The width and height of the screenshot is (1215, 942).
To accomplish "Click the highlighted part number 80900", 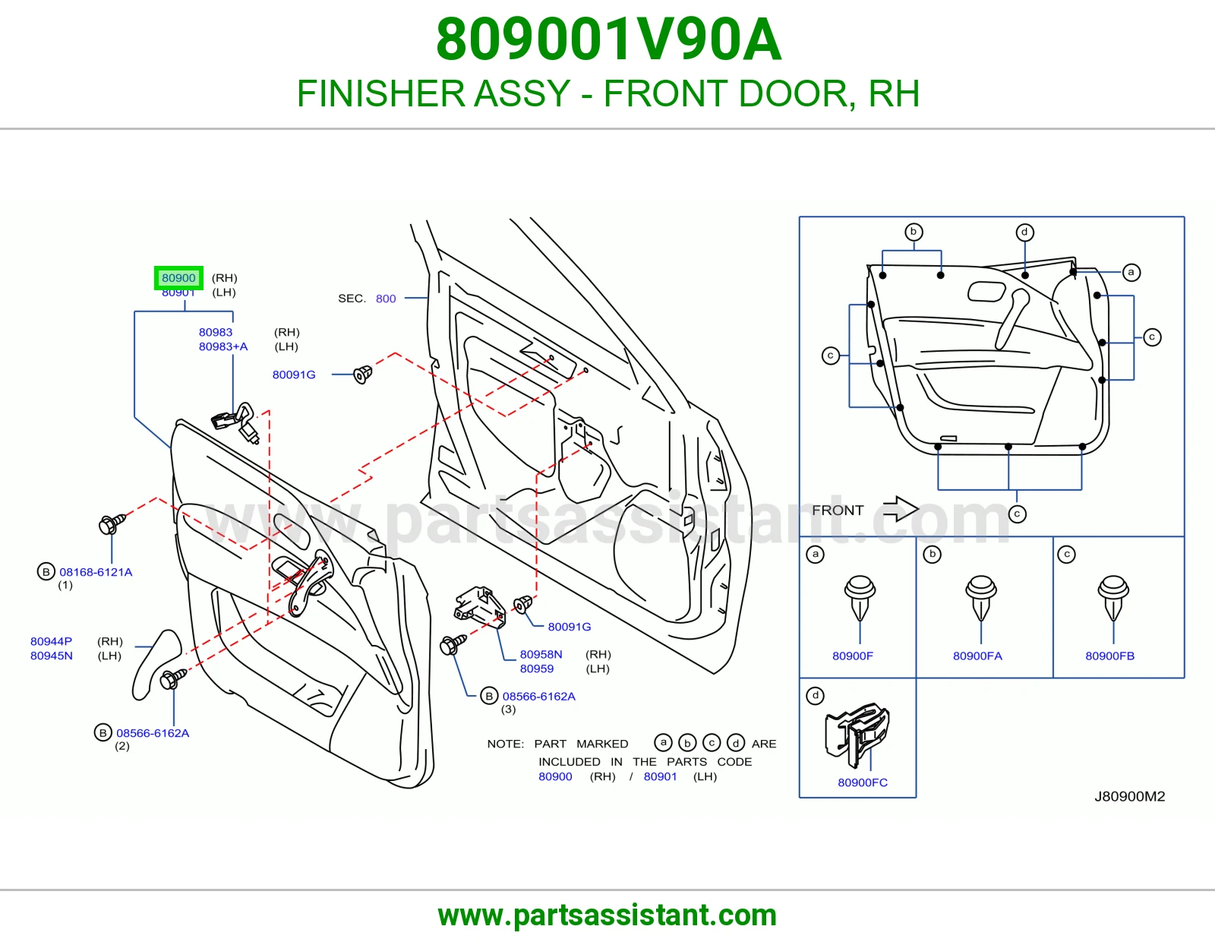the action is pyautogui.click(x=178, y=278).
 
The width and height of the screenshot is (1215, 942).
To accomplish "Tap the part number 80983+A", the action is pyautogui.click(x=223, y=346).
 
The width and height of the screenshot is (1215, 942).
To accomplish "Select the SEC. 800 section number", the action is pyautogui.click(x=385, y=299).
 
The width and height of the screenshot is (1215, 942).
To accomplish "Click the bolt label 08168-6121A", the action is pyautogui.click(x=96, y=572).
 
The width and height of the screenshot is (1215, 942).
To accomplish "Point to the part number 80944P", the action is pyautogui.click(x=51, y=641).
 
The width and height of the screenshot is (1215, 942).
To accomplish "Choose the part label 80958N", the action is pyautogui.click(x=541, y=654).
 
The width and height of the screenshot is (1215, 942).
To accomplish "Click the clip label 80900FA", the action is pyautogui.click(x=977, y=656).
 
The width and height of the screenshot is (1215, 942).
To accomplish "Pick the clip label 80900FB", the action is pyautogui.click(x=1110, y=656).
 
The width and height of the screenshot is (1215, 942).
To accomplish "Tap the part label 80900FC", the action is pyautogui.click(x=862, y=782).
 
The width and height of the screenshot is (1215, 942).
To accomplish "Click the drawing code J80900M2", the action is pyautogui.click(x=1129, y=797).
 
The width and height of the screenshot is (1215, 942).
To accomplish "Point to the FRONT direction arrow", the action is pyautogui.click(x=900, y=508).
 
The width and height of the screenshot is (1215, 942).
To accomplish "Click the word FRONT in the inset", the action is pyautogui.click(x=838, y=511).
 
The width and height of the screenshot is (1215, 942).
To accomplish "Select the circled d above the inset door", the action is pyautogui.click(x=1024, y=232).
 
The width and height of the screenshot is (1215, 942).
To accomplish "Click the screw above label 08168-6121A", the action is pyautogui.click(x=112, y=524).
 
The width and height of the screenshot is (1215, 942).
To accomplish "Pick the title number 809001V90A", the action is pyautogui.click(x=608, y=40).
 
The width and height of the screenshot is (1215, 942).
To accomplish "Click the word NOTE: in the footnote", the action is pyautogui.click(x=505, y=744).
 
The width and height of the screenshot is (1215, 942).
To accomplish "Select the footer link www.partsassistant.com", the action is pyautogui.click(x=607, y=915).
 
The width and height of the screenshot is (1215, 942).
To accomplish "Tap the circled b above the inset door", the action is pyautogui.click(x=913, y=232).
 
